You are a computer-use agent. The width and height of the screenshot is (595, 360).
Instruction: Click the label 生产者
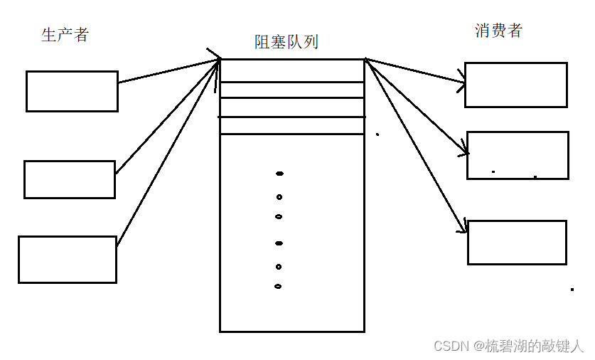point(65,35)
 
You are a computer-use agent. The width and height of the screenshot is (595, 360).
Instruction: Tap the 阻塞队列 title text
point(286,42)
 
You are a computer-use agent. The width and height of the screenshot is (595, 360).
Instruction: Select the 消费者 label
point(498,30)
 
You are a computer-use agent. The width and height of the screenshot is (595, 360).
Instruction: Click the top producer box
point(72,91)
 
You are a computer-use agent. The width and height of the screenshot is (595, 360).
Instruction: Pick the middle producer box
point(69,179)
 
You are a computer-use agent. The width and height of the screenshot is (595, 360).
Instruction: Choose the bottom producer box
point(67,260)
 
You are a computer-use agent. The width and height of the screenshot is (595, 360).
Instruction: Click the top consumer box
point(515,85)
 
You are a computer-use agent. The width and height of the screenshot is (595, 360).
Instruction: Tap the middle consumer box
point(518,155)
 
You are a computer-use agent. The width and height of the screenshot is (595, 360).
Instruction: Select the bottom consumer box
point(517,243)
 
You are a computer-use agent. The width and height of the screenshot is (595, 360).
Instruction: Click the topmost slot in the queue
point(292,70)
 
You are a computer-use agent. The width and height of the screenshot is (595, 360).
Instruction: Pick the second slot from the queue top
point(292,90)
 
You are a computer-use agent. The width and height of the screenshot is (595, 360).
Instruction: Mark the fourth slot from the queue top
point(292,125)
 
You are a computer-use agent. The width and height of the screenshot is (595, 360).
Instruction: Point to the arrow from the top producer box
point(167,71)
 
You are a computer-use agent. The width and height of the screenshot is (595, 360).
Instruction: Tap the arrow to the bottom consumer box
point(416,146)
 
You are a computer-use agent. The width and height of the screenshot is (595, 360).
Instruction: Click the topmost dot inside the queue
point(279,173)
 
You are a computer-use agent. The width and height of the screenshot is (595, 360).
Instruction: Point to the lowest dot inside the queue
point(278,287)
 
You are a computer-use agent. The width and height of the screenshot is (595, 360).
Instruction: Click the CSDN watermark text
point(508,346)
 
